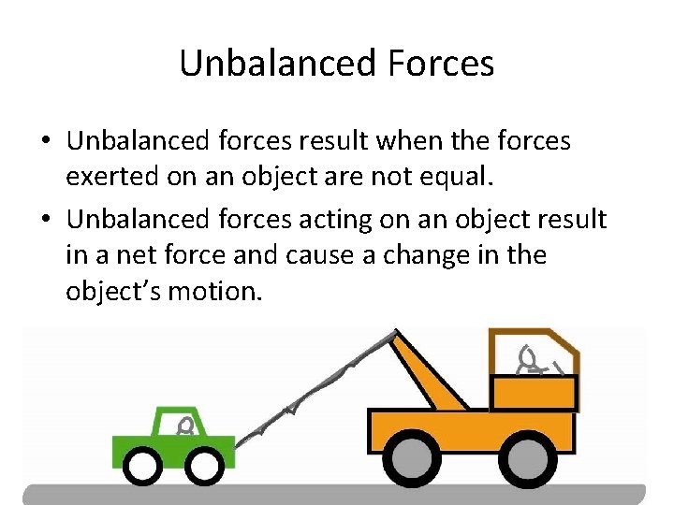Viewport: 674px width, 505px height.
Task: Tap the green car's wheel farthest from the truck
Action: tap(142, 465)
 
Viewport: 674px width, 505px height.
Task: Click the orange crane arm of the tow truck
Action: tap(426, 370)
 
